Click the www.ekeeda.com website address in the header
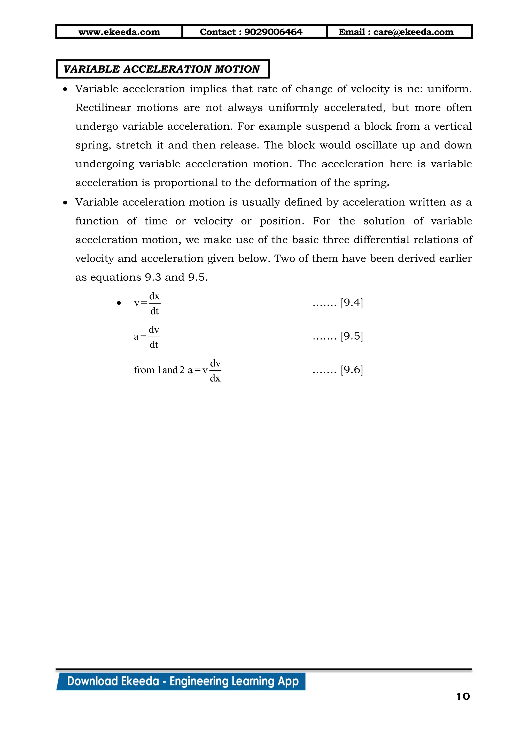[119, 32]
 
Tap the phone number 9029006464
[273, 32]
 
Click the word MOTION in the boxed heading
[237, 69]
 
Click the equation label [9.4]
[352, 303]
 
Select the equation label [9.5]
[352, 336]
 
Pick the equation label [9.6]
[352, 370]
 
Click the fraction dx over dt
[154, 303]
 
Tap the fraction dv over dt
[154, 337]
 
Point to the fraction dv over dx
[215, 370]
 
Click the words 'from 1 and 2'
[159, 370]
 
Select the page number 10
[463, 697]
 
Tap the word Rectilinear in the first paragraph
[103, 107]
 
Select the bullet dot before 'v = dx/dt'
[119, 303]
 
